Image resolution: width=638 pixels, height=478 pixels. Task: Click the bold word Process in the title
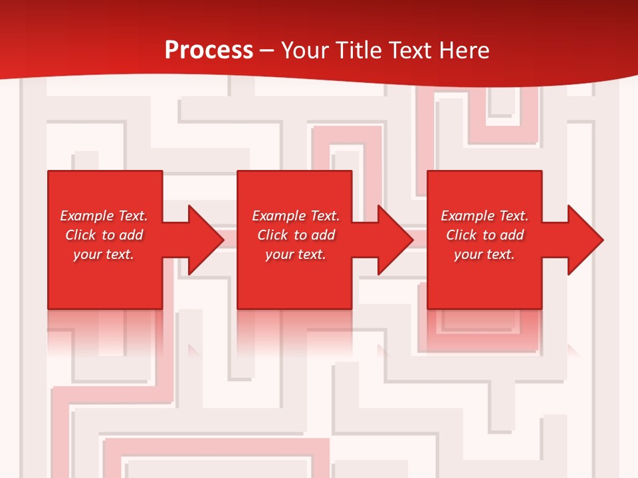[x=209, y=50]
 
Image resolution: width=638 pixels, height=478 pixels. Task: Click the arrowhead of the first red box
[x=205, y=240]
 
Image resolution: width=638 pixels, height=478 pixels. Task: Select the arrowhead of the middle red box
[x=395, y=240]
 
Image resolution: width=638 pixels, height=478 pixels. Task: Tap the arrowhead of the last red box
[x=585, y=240]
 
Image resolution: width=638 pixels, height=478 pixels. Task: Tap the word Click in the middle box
[x=272, y=235]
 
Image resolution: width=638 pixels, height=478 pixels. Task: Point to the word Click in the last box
[x=461, y=235]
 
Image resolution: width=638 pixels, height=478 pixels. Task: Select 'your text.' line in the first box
[x=104, y=254]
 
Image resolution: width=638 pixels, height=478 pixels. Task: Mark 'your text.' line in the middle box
[x=296, y=254]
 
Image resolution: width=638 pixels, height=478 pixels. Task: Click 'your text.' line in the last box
[x=484, y=254]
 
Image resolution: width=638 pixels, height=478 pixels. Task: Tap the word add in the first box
[x=132, y=235]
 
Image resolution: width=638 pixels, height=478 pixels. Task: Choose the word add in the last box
[x=512, y=235]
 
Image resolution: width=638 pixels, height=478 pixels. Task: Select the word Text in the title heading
[x=407, y=50]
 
